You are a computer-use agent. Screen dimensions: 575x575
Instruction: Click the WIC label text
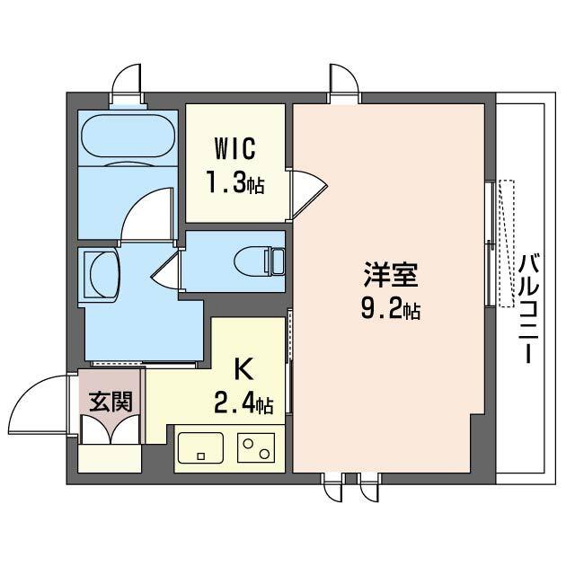(x=234, y=147)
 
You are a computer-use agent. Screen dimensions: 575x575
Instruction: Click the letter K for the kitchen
(x=242, y=368)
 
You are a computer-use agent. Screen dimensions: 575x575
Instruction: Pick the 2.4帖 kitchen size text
(x=243, y=403)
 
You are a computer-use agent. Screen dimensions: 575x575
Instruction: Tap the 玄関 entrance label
(x=111, y=401)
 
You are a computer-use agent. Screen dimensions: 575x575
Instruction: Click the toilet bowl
(x=258, y=261)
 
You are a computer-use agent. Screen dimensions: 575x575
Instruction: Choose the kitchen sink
(x=199, y=447)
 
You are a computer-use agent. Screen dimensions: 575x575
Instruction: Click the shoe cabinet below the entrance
(x=110, y=458)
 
